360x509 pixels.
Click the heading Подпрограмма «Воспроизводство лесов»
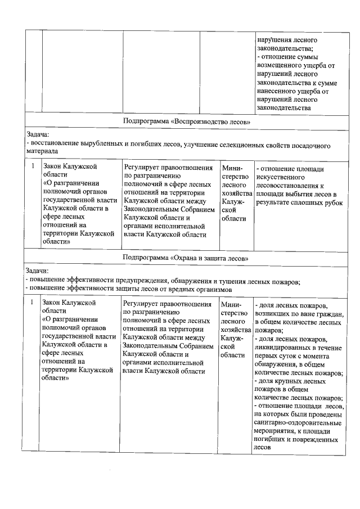[x=186, y=121]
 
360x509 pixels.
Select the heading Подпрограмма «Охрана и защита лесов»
[x=186, y=258]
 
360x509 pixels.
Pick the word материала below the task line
[x=42, y=152]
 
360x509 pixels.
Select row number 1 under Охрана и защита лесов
[x=33, y=303]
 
